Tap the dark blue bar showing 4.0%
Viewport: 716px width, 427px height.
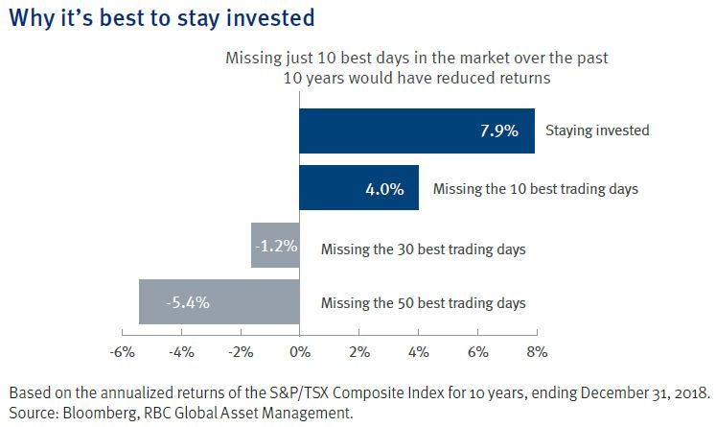(359, 188)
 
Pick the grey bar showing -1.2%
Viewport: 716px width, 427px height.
(275, 246)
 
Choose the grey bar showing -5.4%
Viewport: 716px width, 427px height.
(219, 302)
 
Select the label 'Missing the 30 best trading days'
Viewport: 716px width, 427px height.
(424, 249)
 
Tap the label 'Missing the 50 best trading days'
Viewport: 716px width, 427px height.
(424, 303)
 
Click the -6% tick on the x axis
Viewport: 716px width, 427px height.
(122, 352)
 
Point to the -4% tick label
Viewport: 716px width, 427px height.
(181, 352)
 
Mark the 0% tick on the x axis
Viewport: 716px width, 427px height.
(299, 352)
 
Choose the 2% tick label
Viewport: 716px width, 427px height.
(358, 352)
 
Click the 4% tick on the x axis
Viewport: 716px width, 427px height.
(418, 352)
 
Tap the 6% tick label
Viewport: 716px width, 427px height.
(477, 352)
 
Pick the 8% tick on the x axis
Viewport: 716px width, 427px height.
(536, 352)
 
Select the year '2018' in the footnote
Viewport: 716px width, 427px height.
(690, 394)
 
